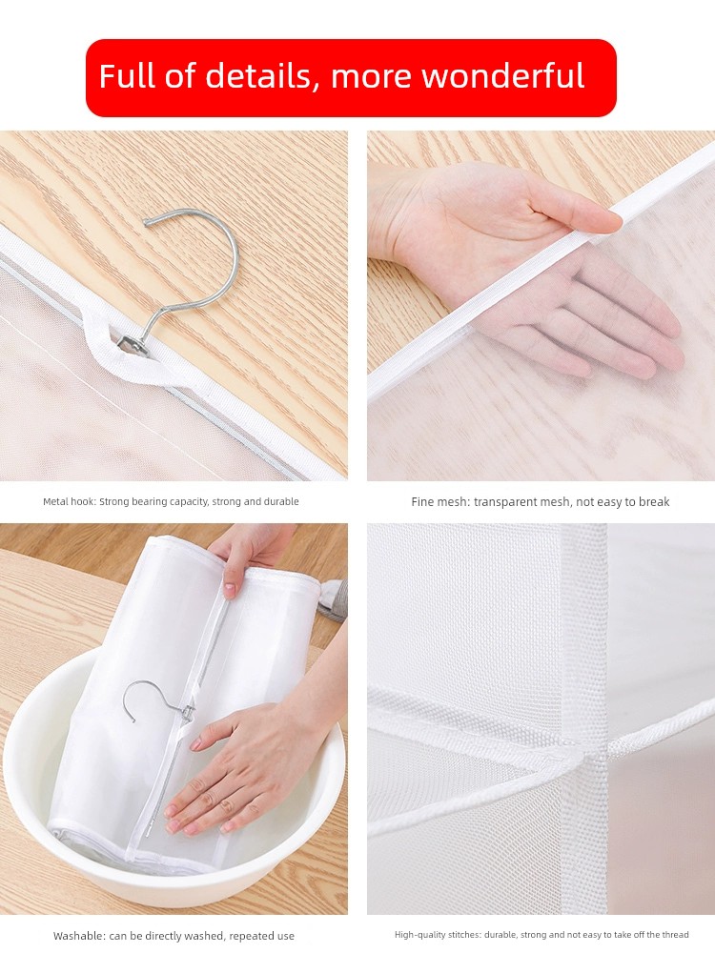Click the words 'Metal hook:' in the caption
70,502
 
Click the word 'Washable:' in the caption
79,936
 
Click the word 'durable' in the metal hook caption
281,502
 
